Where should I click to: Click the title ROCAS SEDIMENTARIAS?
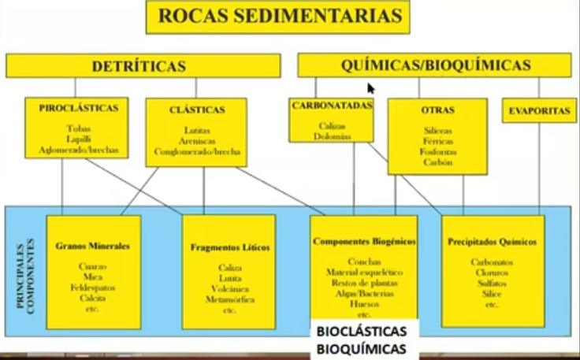pos(277,16)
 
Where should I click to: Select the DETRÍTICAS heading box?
pos(143,65)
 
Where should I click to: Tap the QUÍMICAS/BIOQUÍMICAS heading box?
pos(434,65)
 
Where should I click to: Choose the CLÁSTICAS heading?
pos(197,109)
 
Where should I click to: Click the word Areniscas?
pos(197,140)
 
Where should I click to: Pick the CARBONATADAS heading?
pos(331,106)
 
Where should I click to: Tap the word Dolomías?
pos(331,135)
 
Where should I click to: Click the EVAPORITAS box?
pos(539,111)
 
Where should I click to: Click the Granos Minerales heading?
pos(93,245)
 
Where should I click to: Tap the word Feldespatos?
pos(93,288)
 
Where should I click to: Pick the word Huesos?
pos(364,303)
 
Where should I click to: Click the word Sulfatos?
pos(492,282)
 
